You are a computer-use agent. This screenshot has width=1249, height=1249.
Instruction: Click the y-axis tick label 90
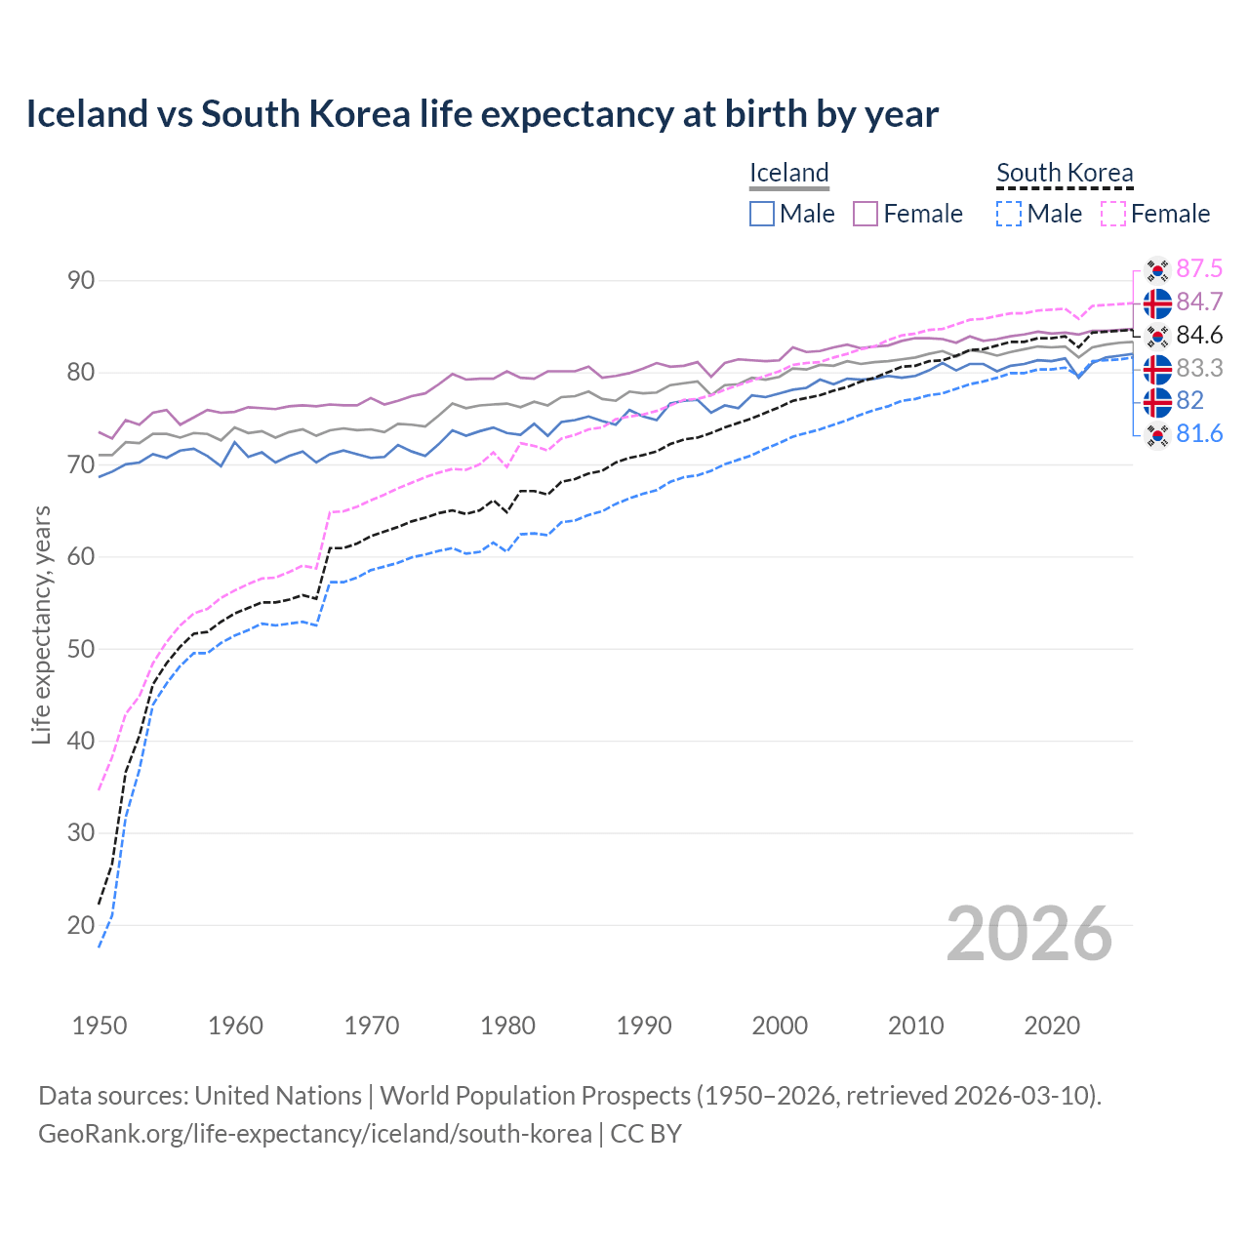[81, 281]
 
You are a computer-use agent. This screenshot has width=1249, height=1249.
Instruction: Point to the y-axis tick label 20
[81, 925]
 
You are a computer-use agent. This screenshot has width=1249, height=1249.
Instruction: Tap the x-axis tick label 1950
[100, 1026]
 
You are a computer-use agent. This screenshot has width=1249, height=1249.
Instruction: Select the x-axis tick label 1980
[507, 1026]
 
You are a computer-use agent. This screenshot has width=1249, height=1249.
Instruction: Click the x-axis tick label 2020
[1052, 1026]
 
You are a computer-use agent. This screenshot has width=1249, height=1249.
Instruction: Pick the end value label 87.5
[1199, 269]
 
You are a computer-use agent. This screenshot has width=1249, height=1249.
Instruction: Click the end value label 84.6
[1199, 336]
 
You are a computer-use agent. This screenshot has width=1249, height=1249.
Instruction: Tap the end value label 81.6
[1199, 434]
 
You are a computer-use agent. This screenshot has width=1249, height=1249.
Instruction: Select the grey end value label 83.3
[1199, 369]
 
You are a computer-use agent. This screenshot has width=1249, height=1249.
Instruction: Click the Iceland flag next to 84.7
[1157, 303]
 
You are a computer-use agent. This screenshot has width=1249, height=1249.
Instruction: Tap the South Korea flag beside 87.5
[1157, 269]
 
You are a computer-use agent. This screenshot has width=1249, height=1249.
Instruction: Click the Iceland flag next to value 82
[1157, 402]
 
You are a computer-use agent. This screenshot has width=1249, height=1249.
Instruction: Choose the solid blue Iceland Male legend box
[762, 214]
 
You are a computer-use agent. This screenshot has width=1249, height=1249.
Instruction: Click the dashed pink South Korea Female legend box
[1113, 214]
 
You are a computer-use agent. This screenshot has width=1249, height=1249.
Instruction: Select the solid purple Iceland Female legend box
[866, 214]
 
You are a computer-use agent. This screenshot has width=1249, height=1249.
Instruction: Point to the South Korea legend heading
[1065, 173]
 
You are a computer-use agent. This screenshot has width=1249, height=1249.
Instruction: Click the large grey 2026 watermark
[1028, 934]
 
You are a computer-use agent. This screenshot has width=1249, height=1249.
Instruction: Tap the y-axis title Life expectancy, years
[42, 624]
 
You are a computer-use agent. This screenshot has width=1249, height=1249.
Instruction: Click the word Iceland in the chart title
[86, 114]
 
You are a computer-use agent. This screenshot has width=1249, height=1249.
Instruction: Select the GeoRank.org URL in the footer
[314, 1134]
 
